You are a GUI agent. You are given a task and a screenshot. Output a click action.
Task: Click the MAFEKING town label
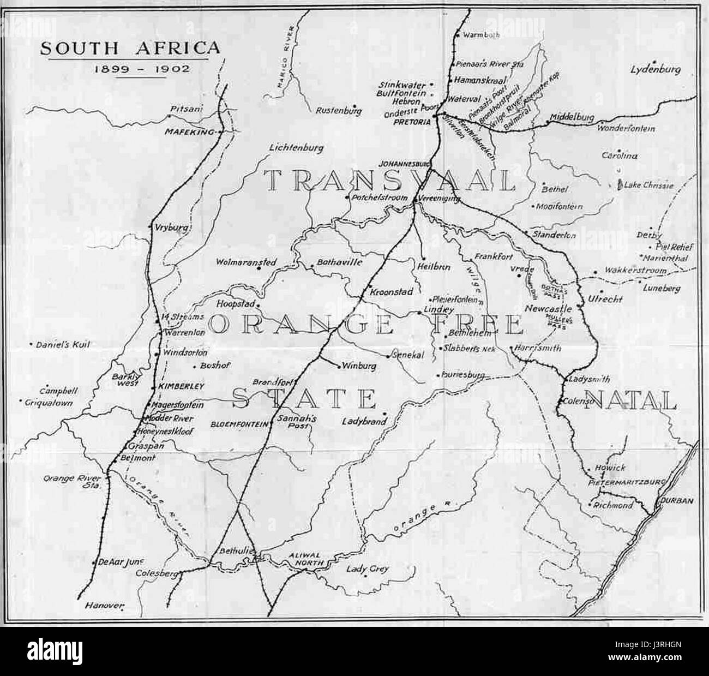click(191, 132)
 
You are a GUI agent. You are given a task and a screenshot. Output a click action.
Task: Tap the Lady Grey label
click(368, 569)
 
